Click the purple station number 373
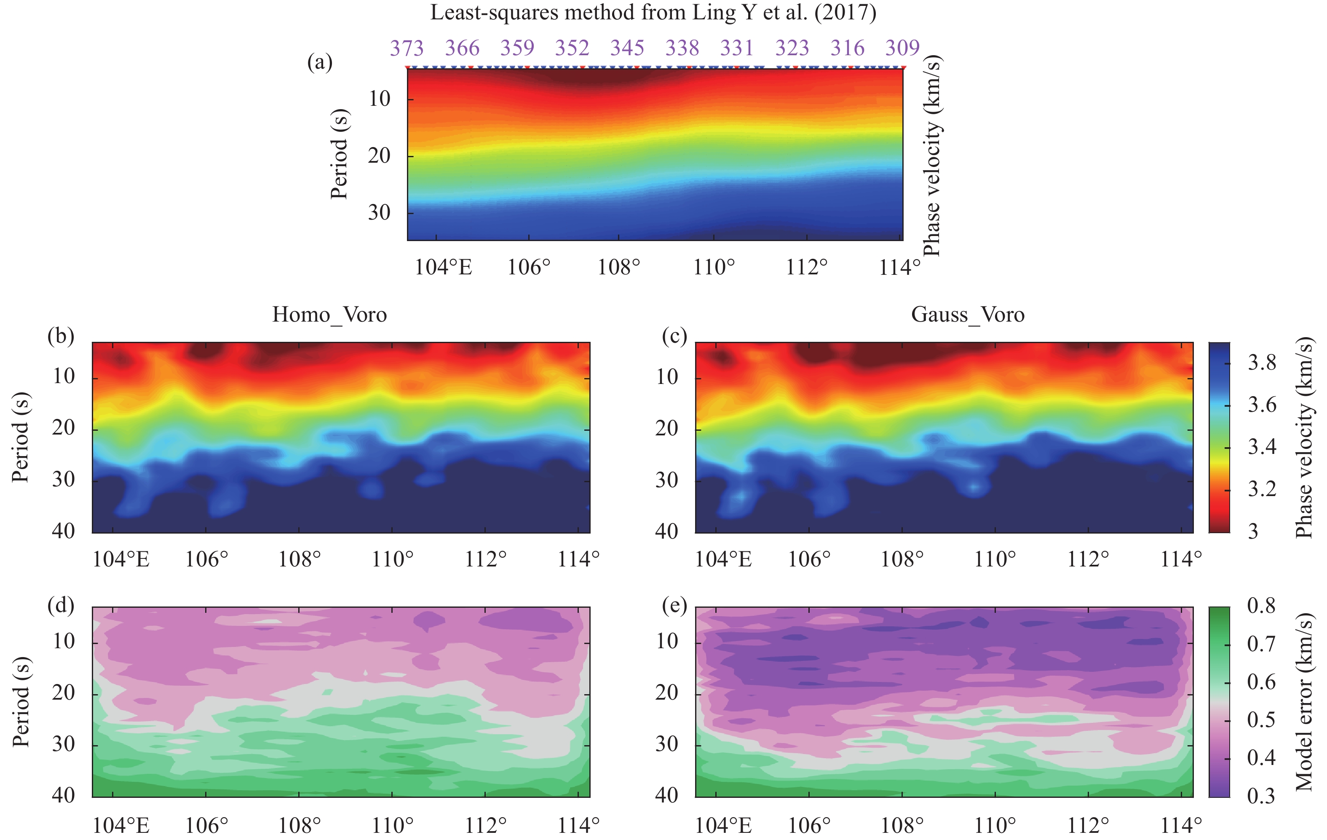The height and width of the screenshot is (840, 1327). point(407,48)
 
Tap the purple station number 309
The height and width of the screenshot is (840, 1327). point(902,48)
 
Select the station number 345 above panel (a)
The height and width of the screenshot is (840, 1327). point(627,48)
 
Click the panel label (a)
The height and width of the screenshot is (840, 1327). point(320,62)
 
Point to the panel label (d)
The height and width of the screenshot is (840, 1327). point(61,605)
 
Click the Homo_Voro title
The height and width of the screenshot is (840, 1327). point(329,315)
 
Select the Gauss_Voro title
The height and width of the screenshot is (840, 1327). point(968,315)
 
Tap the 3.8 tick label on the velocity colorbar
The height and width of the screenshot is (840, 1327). point(1261,362)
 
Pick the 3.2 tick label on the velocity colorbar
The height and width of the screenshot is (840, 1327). point(1261,489)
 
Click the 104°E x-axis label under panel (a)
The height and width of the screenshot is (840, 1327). point(443,267)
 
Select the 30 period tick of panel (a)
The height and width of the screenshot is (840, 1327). point(379,212)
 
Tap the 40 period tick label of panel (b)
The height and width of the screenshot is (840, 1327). point(63,531)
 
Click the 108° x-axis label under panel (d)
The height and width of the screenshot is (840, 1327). point(299,826)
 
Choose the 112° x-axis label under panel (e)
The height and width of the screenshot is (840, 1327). point(1088,826)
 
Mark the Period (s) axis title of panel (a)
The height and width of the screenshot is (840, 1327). point(340,154)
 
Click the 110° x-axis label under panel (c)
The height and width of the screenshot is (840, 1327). point(995,559)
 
